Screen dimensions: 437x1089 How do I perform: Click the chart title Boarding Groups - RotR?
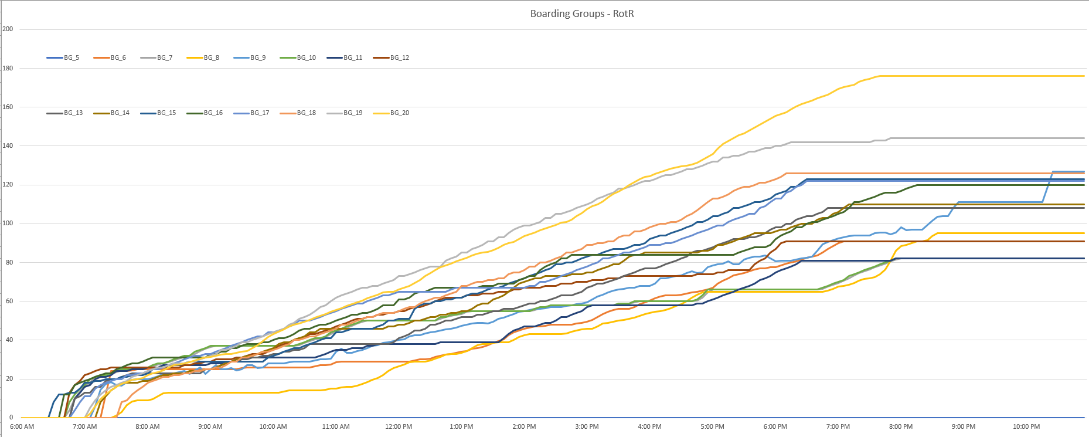[581, 13]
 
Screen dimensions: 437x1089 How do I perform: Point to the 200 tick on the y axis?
[8, 29]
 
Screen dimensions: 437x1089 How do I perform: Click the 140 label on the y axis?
[8, 145]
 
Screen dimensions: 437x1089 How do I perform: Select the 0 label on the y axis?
[11, 418]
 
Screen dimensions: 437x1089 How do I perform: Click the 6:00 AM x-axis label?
[22, 426]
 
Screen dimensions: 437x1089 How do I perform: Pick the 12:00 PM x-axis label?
[399, 426]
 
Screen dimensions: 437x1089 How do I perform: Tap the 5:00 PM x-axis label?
[712, 426]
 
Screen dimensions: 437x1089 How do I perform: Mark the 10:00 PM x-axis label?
[1026, 426]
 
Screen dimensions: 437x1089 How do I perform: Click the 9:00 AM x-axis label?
[210, 426]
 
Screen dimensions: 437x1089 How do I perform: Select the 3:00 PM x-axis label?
[587, 426]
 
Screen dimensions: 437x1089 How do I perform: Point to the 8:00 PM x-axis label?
[901, 426]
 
